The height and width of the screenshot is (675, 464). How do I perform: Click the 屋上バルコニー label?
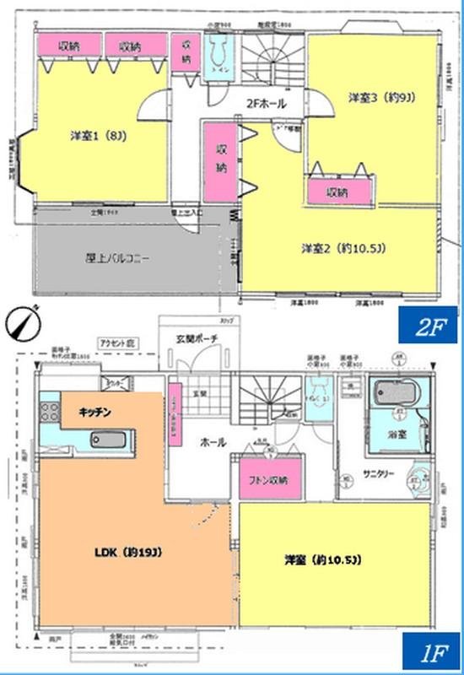tap(117, 259)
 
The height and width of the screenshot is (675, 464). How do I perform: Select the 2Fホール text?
tap(266, 104)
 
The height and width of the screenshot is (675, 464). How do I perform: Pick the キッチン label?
tap(98, 411)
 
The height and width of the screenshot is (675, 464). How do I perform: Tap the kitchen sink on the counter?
tap(106, 439)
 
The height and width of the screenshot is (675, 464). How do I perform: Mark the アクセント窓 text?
tap(117, 345)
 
